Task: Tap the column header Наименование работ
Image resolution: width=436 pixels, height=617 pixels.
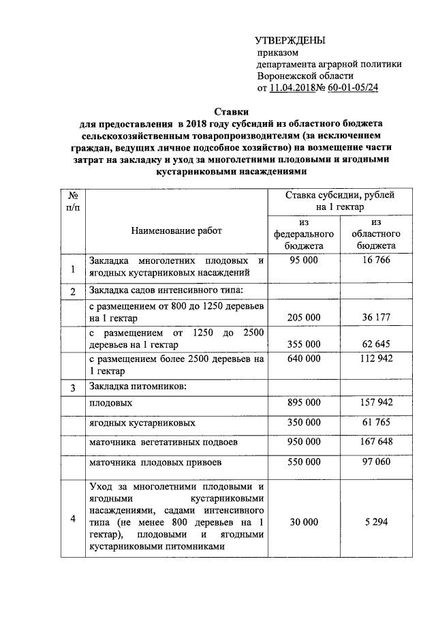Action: pos(176,231)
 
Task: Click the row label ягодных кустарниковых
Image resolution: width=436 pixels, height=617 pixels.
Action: pos(133,423)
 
